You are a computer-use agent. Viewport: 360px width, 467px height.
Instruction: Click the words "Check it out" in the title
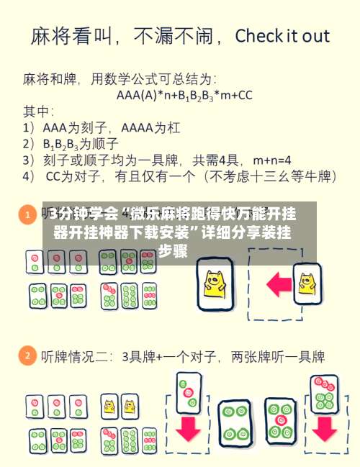click(282, 36)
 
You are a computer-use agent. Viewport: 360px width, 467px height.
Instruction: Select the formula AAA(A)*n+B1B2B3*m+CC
click(184, 94)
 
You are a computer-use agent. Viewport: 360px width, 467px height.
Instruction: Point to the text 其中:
click(40, 111)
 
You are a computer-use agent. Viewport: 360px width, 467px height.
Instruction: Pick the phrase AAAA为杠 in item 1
click(147, 127)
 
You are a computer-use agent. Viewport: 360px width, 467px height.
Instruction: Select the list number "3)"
click(29, 158)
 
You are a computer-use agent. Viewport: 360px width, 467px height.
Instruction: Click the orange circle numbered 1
click(27, 214)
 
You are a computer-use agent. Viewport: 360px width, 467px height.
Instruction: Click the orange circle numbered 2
click(27, 355)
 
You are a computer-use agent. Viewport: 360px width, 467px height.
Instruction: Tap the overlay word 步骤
click(173, 251)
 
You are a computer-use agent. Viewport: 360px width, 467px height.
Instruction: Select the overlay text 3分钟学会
click(81, 214)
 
